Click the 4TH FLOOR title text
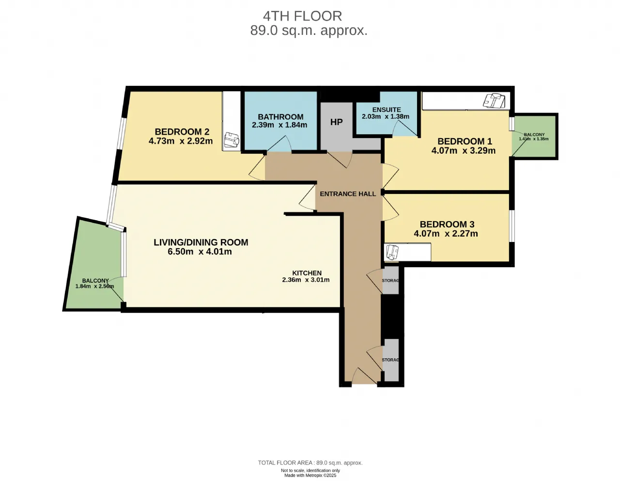click(302, 16)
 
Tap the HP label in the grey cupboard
click(336, 122)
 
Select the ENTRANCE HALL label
click(348, 194)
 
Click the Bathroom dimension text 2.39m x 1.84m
click(279, 125)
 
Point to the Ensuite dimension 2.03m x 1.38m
click(386, 116)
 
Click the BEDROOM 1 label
click(465, 141)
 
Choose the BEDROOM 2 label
click(182, 132)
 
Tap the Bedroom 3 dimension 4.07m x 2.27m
click(446, 234)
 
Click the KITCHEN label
click(307, 273)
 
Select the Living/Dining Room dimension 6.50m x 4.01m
click(200, 252)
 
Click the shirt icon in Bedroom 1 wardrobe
click(494, 101)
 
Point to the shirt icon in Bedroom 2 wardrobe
click(232, 140)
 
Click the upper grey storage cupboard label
click(390, 280)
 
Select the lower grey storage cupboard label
click(390, 360)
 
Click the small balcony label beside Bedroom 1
click(534, 134)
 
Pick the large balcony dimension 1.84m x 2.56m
click(94, 287)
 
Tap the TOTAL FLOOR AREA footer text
click(310, 463)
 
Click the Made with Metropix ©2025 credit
click(310, 475)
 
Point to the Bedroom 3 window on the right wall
click(512, 226)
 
